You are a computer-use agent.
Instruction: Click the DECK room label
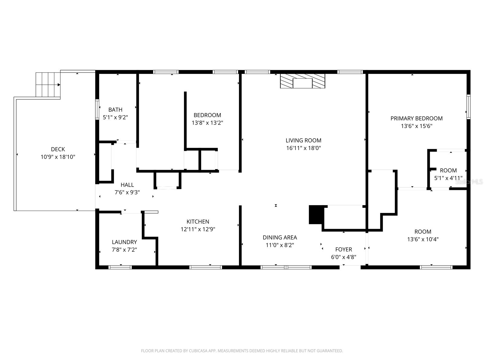[58, 149]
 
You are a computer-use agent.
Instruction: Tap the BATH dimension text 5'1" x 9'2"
[115, 117]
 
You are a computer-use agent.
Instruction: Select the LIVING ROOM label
[303, 140]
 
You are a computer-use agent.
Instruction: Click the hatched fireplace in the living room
[302, 81]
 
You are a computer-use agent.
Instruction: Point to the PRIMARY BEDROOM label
[416, 118]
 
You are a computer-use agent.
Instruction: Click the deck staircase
[48, 85]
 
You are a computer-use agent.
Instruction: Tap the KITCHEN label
[198, 221]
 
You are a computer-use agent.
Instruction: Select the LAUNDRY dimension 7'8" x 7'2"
[124, 250]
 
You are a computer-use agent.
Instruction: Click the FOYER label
[344, 249]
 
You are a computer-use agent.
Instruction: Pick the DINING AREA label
[280, 237]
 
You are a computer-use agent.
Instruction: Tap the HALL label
[127, 185]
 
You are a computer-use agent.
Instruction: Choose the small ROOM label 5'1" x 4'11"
[448, 170]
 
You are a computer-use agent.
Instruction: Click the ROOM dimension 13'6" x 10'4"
[423, 239]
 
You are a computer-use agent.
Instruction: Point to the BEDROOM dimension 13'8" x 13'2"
[207, 123]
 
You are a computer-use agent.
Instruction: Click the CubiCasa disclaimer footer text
[242, 351]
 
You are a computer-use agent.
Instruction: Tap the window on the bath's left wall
[97, 109]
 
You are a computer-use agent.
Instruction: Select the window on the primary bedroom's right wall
[468, 106]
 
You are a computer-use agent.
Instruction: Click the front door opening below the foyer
[350, 267]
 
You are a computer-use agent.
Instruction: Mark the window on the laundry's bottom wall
[120, 267]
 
